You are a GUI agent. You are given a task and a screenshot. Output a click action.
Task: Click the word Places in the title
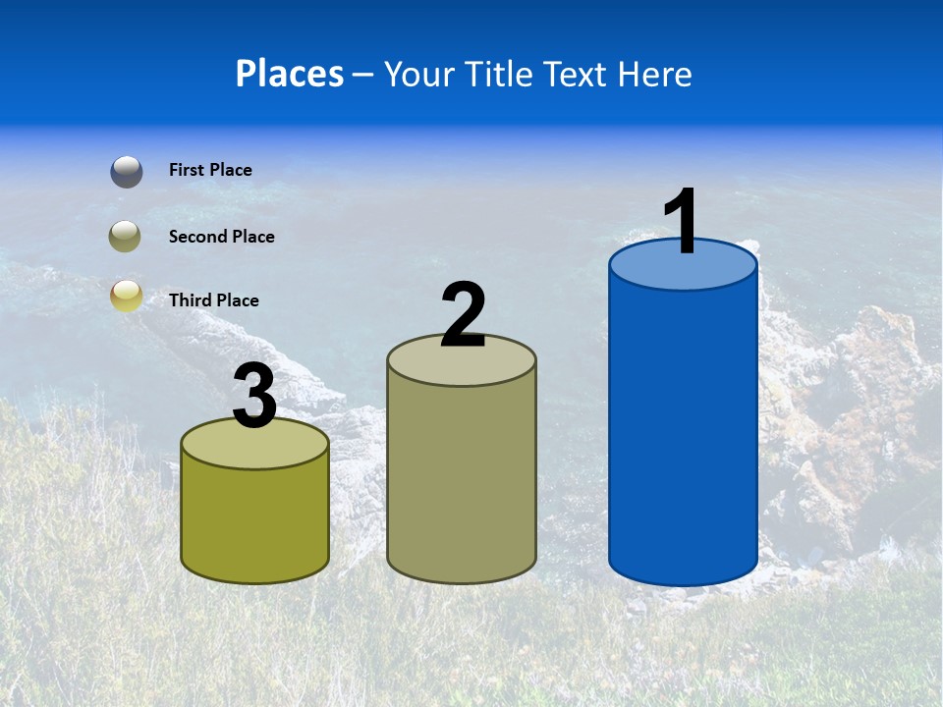pyautogui.click(x=290, y=74)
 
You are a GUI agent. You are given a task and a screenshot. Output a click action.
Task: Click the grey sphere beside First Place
pyautogui.click(x=127, y=171)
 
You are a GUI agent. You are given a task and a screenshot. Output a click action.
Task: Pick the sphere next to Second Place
pyautogui.click(x=127, y=237)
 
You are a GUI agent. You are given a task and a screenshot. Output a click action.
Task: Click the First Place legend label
pyautogui.click(x=210, y=170)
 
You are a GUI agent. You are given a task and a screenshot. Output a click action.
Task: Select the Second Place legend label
pyautogui.click(x=221, y=237)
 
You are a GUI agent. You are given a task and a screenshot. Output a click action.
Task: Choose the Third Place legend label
pyautogui.click(x=213, y=300)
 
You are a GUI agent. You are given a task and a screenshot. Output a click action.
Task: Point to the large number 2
pyautogui.click(x=463, y=315)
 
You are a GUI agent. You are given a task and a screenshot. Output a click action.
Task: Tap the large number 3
pyautogui.click(x=254, y=397)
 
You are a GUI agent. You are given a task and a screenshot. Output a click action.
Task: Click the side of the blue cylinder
pyautogui.click(x=683, y=432)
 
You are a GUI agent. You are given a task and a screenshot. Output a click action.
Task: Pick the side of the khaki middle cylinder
pyautogui.click(x=462, y=481)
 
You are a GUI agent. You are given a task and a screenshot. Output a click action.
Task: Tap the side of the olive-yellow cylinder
pyautogui.click(x=254, y=520)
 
